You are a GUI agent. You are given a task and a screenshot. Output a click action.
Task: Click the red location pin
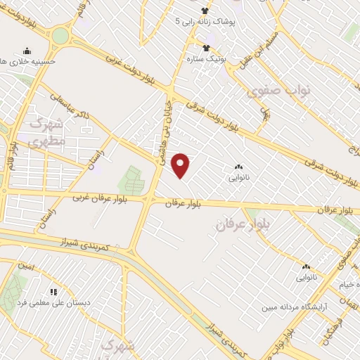coord(181,165)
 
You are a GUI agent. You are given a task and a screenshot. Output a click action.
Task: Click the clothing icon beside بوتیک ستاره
coord(206,48)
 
